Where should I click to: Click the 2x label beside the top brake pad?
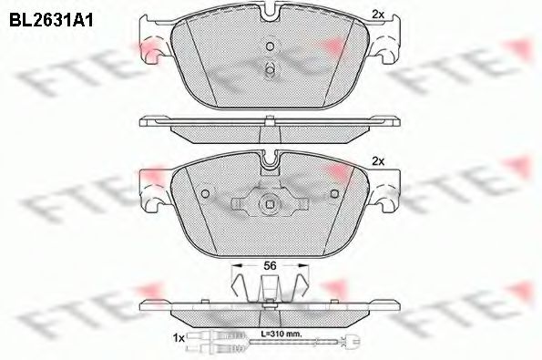coord(378,12)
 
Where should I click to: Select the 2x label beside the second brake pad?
coord(378,160)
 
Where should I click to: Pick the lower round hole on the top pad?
coord(270,69)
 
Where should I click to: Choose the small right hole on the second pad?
coord(333,193)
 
